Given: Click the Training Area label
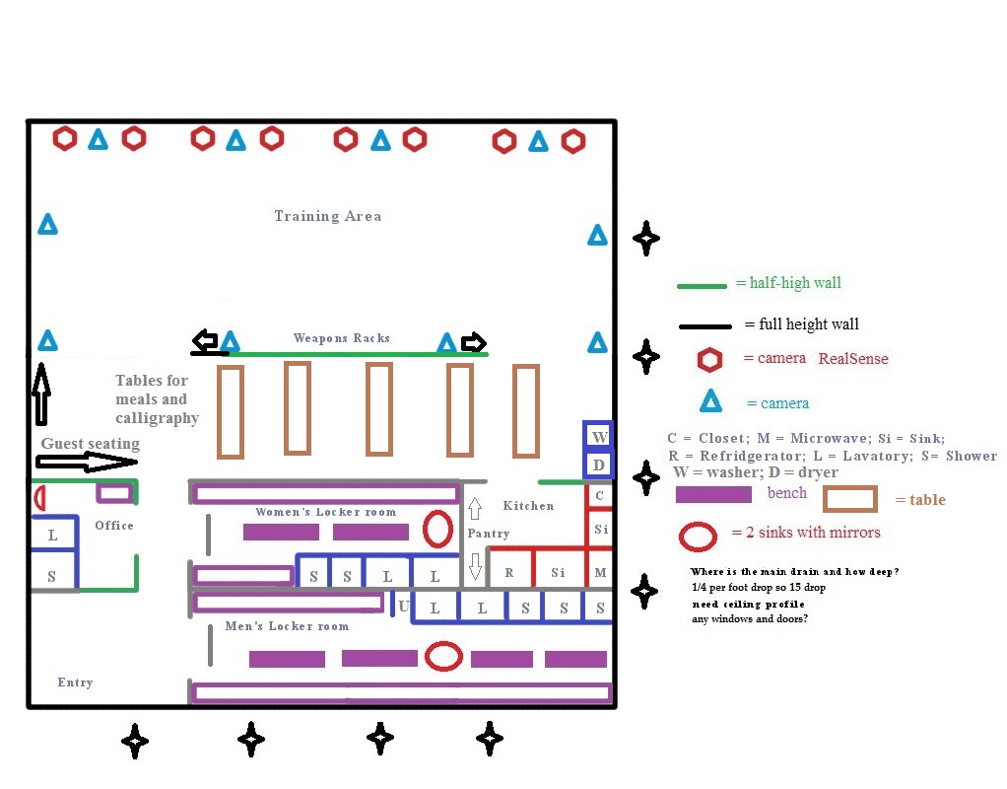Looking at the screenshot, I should point(327,216).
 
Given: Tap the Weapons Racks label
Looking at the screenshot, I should point(341,338).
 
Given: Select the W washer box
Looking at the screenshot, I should point(598,435).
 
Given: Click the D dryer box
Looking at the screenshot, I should point(598,464).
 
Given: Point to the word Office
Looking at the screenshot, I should point(114,526).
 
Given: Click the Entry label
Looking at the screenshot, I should point(75,682).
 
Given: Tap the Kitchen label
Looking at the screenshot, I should point(528,506).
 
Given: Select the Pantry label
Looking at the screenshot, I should point(489,534).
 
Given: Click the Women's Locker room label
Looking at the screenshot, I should point(325,512).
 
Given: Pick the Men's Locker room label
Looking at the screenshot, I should point(287,626).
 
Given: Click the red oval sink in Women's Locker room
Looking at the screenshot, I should point(437,530).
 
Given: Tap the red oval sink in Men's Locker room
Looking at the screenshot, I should point(444,656).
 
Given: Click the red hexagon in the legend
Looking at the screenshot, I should point(709,360).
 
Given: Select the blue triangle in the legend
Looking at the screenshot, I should point(709,402).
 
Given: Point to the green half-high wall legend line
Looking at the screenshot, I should point(704,286).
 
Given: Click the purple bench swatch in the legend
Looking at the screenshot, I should point(713,494).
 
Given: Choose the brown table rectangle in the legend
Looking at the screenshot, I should point(849,499).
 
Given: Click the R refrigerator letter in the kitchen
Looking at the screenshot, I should point(509,572).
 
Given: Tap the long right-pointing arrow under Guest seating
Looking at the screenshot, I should point(89,461).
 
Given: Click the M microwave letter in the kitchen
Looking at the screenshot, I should point(600,573).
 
